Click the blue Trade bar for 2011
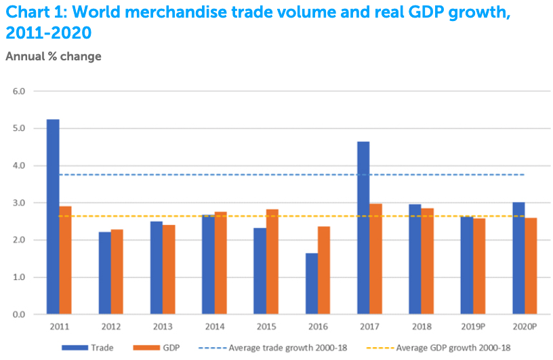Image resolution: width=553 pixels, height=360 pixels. click(53, 217)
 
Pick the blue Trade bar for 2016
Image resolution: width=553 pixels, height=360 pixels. click(311, 284)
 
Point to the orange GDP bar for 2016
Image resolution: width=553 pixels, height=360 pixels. click(324, 271)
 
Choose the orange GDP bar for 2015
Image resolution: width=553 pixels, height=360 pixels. click(272, 262)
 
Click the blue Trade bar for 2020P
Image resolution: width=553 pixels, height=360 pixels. click(518, 258)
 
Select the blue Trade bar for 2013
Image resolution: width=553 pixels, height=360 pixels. click(157, 268)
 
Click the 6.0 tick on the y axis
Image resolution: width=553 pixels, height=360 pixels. click(19, 91)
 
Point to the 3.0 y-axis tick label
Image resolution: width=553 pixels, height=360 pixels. click(19, 203)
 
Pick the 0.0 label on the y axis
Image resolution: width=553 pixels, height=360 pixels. click(19, 315)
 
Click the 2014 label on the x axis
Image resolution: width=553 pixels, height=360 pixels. click(214, 327)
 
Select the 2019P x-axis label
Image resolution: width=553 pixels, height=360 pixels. click(472, 327)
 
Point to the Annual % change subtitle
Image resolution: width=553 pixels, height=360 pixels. click(54, 56)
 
